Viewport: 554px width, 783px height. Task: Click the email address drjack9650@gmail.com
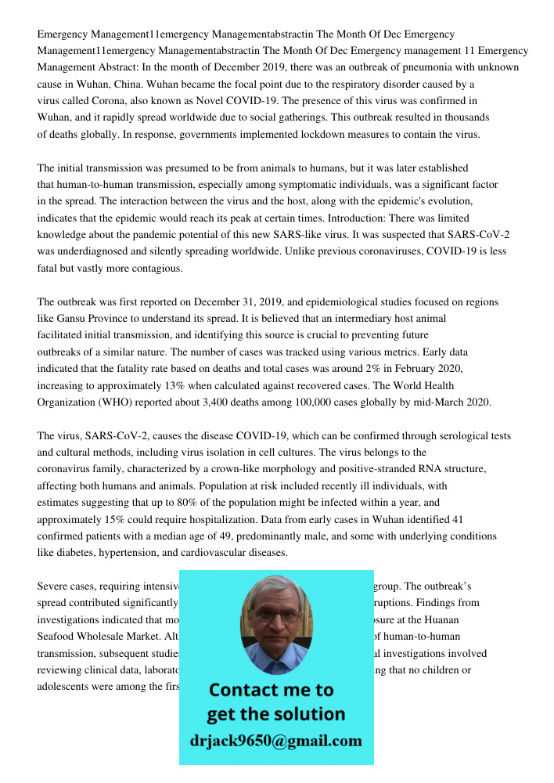tap(275, 740)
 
